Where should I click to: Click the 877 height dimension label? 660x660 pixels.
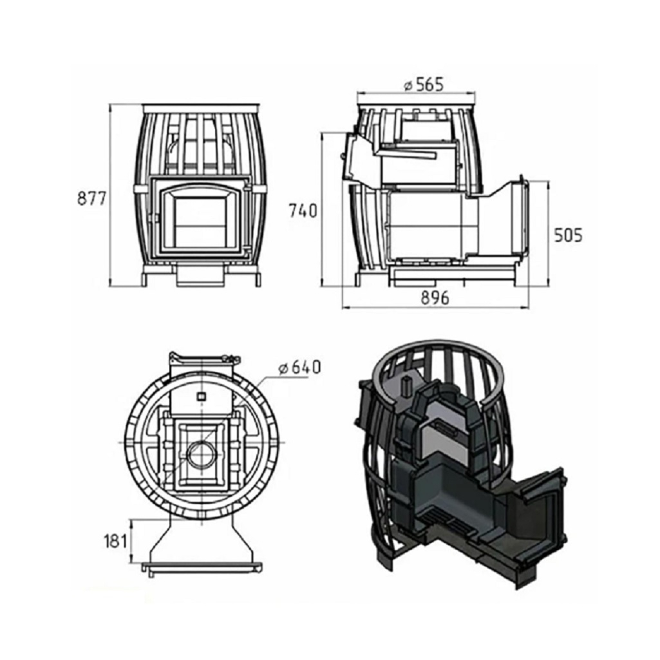92,198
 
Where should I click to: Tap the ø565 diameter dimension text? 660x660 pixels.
424,84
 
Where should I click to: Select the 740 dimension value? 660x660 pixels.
303,211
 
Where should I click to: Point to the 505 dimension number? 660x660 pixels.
568,235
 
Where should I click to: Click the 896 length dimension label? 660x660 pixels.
435,298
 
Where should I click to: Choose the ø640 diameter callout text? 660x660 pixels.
299,368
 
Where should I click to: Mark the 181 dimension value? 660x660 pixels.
115,541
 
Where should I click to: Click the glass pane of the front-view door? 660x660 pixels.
201,223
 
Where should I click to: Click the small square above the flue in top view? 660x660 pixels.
202,395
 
